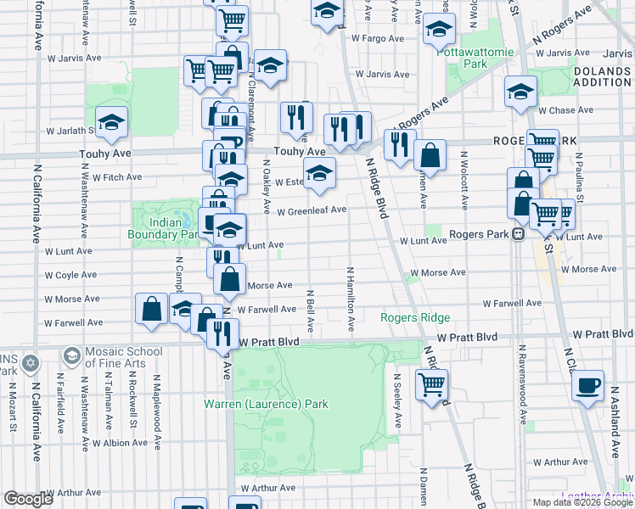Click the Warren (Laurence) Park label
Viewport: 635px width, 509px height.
(x=266, y=404)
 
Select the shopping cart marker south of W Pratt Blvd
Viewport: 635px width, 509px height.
(x=432, y=384)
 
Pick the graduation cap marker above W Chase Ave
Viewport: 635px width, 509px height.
(x=521, y=93)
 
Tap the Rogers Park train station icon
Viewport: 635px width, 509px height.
(x=516, y=235)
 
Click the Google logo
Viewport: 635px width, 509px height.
(x=29, y=499)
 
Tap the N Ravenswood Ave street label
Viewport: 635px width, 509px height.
(x=524, y=395)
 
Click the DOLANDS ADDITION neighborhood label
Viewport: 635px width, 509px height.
(x=602, y=77)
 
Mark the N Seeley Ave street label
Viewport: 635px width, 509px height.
(x=397, y=400)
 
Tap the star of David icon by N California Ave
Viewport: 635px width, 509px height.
(x=30, y=362)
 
